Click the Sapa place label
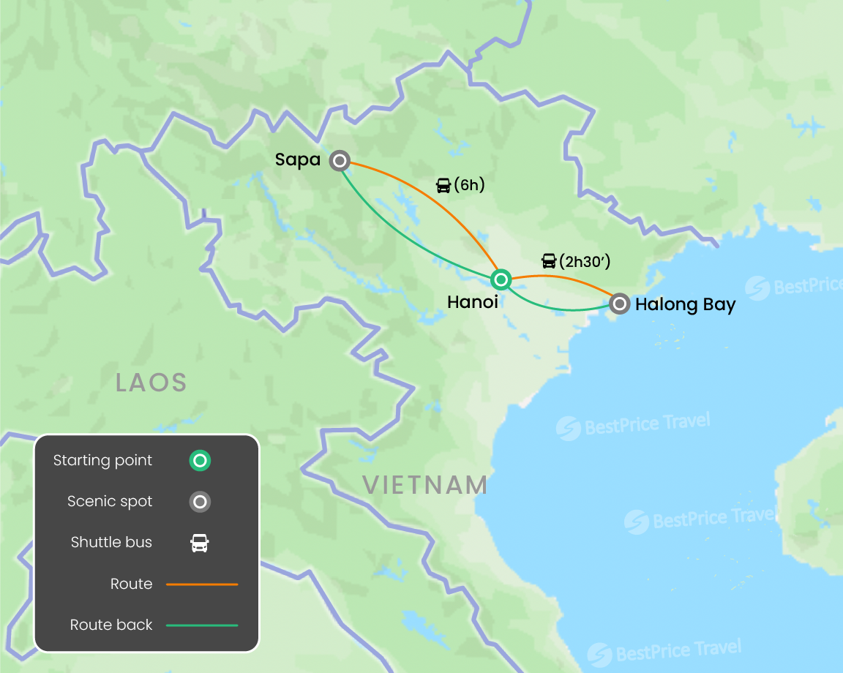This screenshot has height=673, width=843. tap(298, 159)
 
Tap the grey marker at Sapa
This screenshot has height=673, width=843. tap(339, 161)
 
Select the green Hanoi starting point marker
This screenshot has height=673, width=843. tap(501, 279)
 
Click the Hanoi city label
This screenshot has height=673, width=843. tap(473, 301)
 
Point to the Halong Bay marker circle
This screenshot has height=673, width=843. tap(620, 303)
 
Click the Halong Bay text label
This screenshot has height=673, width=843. tap(685, 304)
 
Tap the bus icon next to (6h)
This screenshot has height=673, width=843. tap(443, 185)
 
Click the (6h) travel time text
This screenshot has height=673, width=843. tap(469, 185)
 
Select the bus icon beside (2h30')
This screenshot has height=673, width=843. tap(549, 261)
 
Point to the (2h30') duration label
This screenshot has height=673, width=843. tap(585, 261)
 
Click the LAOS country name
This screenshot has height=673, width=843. tap(151, 382)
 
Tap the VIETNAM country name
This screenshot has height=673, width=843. tap(425, 484)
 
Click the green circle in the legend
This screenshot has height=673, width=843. tap(200, 461)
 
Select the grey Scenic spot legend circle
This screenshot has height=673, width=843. tap(200, 502)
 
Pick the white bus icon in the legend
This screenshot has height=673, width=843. tap(200, 543)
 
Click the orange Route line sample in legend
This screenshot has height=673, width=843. tap(202, 584)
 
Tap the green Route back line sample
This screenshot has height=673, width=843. tap(202, 625)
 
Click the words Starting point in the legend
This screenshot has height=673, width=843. tap(102, 461)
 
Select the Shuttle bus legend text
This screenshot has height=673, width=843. tap(111, 543)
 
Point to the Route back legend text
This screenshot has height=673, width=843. tap(111, 625)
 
